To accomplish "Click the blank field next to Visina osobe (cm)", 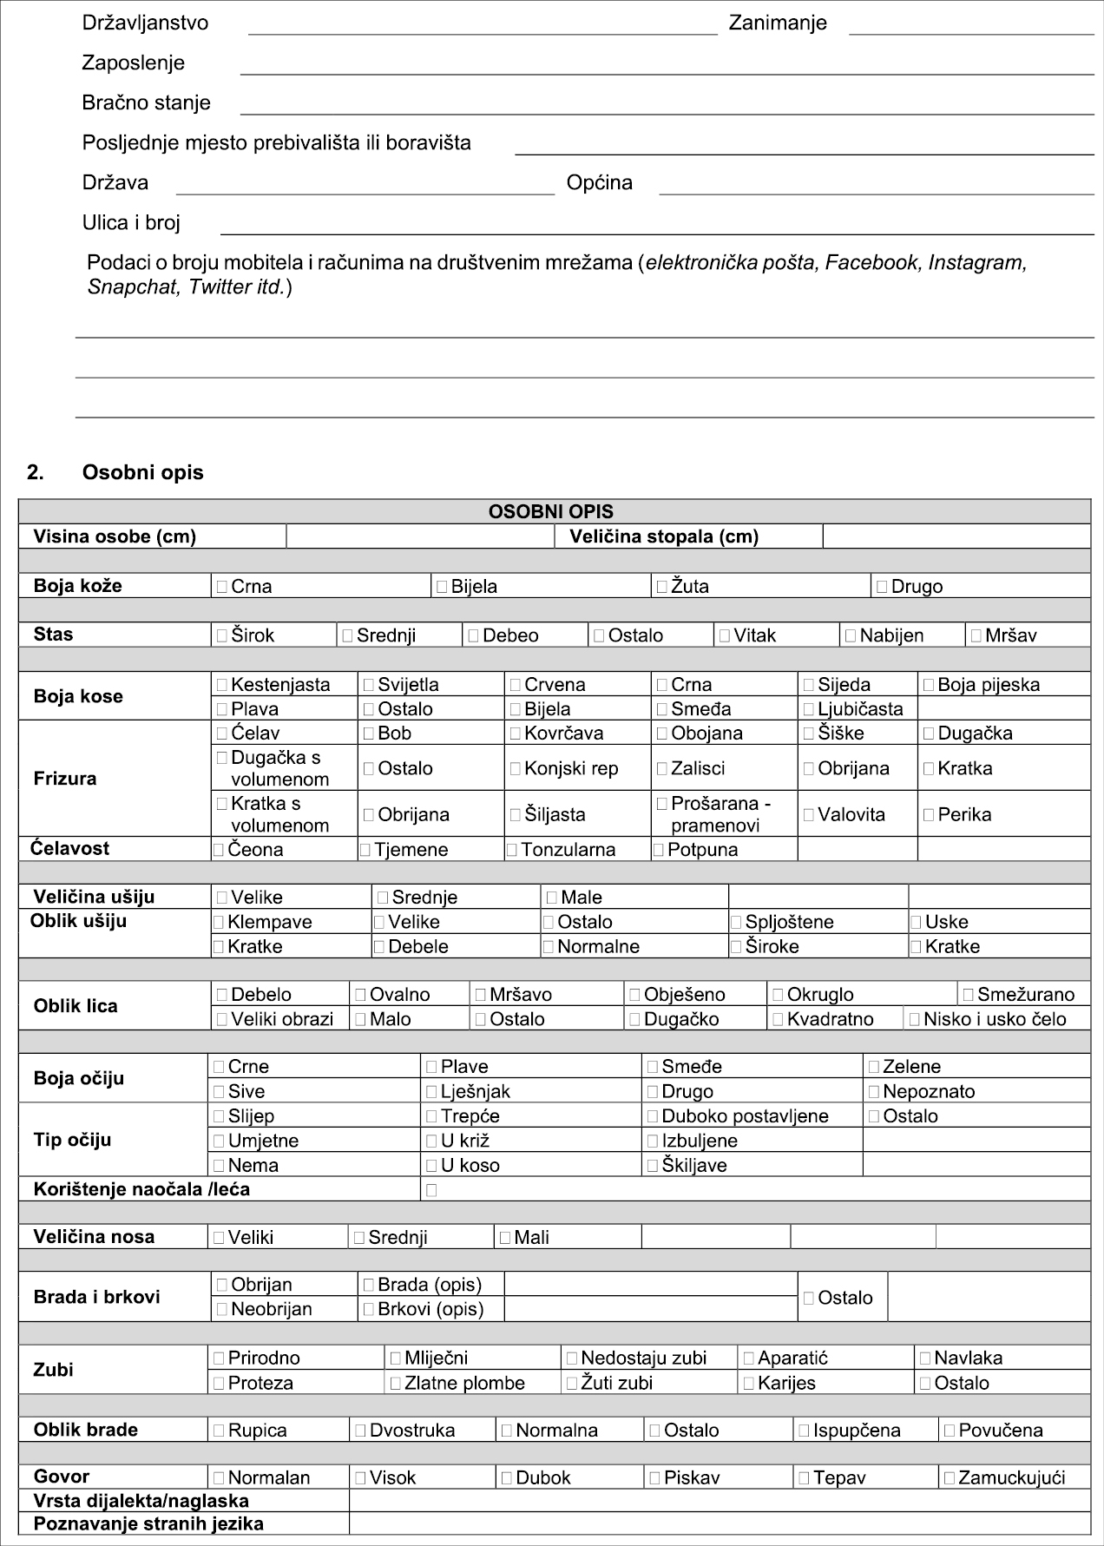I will [x=420, y=536].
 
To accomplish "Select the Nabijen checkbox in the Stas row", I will [x=851, y=635].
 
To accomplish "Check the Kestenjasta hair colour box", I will [x=222, y=685].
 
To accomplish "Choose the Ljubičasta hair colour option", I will [x=809, y=709].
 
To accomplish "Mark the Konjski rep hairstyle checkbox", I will [x=516, y=768].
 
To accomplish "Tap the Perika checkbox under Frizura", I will [x=929, y=814].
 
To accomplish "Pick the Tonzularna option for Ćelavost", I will [x=512, y=850].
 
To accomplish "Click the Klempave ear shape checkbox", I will [x=219, y=922].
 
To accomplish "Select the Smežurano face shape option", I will [x=969, y=995].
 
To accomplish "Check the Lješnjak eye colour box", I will [x=431, y=1092].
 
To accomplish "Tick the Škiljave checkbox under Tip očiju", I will [x=653, y=1166].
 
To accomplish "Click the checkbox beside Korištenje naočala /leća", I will [x=431, y=1190].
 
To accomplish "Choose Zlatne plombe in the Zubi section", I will [x=396, y=1383].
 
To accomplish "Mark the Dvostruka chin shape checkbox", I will [x=360, y=1431].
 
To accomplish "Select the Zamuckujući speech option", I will [x=950, y=1477].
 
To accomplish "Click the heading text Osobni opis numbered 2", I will [x=142, y=473].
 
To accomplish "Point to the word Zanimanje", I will [x=778, y=23].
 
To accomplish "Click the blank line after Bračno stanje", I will [x=667, y=103].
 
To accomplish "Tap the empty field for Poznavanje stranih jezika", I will [x=719, y=1523].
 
